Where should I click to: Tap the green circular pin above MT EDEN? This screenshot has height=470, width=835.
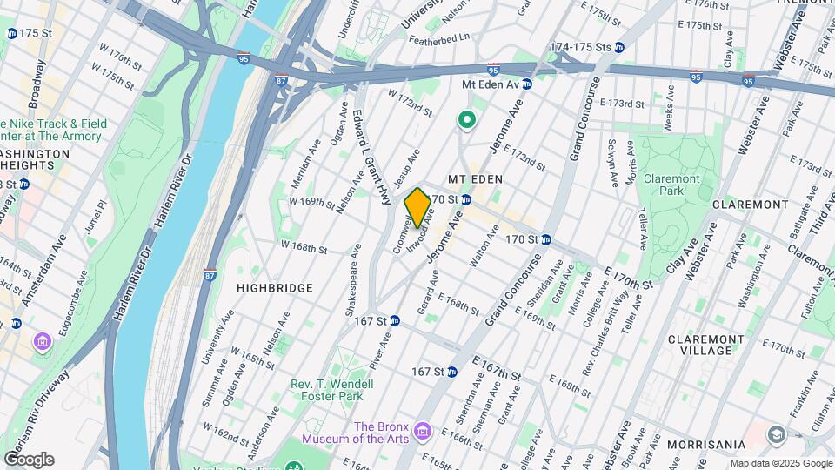[466, 121]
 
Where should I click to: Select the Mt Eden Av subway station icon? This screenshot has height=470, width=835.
[527, 84]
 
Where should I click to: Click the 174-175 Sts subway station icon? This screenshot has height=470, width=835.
[618, 47]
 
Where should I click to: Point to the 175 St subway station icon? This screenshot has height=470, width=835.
[11, 33]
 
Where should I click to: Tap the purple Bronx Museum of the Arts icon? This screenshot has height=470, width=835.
[423, 431]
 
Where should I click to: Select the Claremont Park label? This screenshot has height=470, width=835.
[671, 184]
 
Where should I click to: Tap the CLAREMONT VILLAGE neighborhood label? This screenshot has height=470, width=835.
[705, 345]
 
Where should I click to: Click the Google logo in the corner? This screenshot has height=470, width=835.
[29, 460]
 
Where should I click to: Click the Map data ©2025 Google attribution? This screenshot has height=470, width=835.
[780, 463]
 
